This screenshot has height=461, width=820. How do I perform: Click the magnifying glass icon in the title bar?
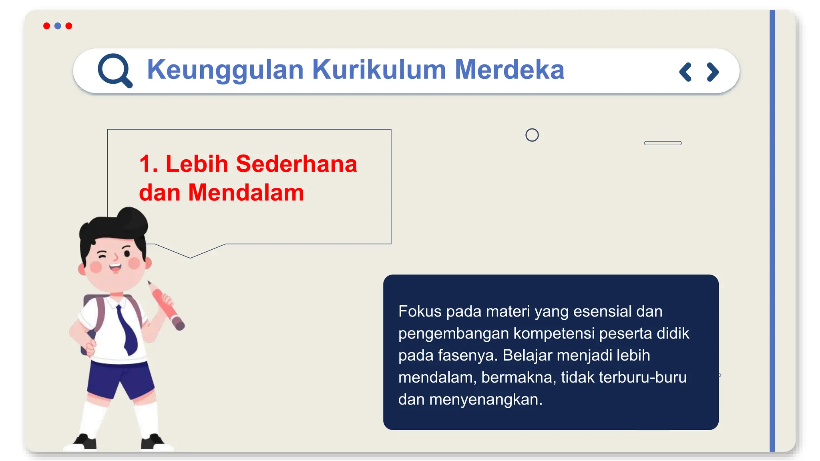[115, 70]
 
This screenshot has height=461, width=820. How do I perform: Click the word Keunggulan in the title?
[225, 70]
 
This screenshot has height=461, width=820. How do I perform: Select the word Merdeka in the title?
[509, 70]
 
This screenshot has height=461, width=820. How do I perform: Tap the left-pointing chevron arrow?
[685, 72]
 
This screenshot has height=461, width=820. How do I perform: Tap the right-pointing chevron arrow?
[712, 72]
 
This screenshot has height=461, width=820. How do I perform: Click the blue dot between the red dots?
[58, 26]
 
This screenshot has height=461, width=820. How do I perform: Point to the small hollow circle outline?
[532, 135]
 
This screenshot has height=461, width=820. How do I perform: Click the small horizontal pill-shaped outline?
[663, 143]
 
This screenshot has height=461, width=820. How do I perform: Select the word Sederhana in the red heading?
[296, 164]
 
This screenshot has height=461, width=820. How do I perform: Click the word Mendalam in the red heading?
[246, 193]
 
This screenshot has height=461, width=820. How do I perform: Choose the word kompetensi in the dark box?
[554, 333]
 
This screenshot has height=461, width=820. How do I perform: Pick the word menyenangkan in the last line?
[485, 399]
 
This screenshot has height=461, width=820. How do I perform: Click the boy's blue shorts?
[120, 378]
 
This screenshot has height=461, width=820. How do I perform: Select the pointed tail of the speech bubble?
[190, 255]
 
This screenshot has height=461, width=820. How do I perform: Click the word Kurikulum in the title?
[379, 70]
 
